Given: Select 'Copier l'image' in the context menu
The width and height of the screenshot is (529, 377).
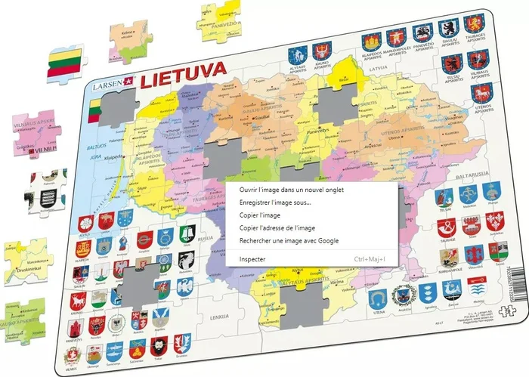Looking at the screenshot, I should (x=261, y=215).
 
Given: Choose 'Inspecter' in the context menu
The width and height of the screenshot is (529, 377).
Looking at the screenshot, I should (x=252, y=258).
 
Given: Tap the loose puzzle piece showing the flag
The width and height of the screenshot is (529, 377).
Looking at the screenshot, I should (x=67, y=62).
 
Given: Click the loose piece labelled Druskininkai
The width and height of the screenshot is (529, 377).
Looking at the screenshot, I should (x=29, y=262).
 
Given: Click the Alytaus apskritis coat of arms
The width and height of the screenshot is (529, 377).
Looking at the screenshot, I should (x=300, y=54).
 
